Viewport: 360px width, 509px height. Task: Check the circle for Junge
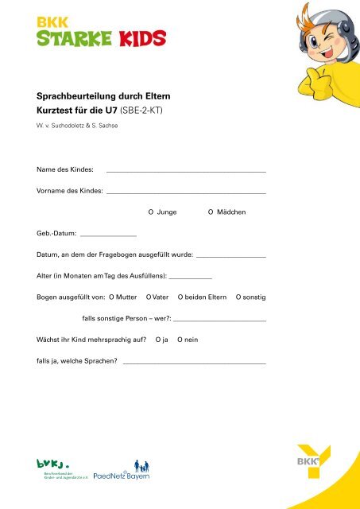point(151,213)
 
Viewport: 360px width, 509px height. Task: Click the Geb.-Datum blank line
point(108,235)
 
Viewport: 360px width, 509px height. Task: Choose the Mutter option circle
point(111,297)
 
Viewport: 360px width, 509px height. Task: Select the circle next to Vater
point(149,297)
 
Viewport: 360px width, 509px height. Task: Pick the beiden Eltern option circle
point(180,297)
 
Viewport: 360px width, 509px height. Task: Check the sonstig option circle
point(239,297)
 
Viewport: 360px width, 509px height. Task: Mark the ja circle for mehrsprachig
point(157,340)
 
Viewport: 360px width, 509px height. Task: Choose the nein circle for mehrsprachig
point(180,340)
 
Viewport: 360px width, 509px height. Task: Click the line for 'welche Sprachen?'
point(194,362)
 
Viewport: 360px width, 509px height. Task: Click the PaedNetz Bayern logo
point(122,471)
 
